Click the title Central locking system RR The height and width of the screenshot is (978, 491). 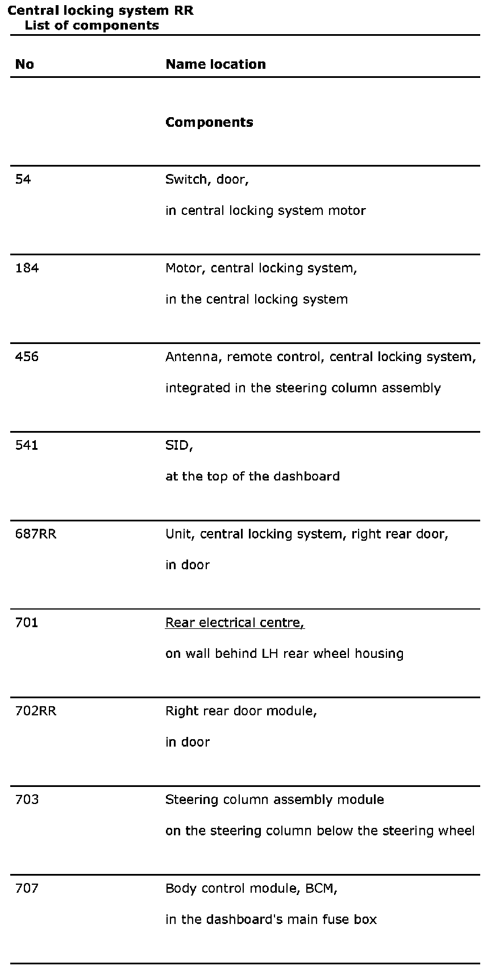click(x=101, y=11)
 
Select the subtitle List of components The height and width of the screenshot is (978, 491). click(x=91, y=26)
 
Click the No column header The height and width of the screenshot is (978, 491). click(x=24, y=64)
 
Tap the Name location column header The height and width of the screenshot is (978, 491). click(x=215, y=64)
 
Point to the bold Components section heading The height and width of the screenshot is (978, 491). click(x=209, y=122)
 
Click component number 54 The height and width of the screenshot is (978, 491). click(x=23, y=180)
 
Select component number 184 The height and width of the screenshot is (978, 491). click(x=27, y=268)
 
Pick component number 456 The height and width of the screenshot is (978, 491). click(x=27, y=357)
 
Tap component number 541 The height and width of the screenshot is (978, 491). click(x=27, y=445)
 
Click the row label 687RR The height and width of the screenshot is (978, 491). click(x=36, y=534)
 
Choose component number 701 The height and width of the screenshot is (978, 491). click(x=27, y=623)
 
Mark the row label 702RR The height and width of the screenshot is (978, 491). click(x=36, y=711)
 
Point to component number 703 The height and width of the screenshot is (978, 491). click(x=27, y=799)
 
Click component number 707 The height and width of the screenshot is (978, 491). click(x=27, y=888)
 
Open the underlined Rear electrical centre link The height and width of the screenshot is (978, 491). click(x=235, y=623)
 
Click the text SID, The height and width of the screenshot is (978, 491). click(x=179, y=446)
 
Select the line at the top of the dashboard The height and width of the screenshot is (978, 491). click(x=252, y=476)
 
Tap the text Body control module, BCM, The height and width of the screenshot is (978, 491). click(x=251, y=888)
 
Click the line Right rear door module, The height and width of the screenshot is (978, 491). click(x=241, y=711)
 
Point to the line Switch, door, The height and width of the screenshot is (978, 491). click(x=207, y=180)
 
